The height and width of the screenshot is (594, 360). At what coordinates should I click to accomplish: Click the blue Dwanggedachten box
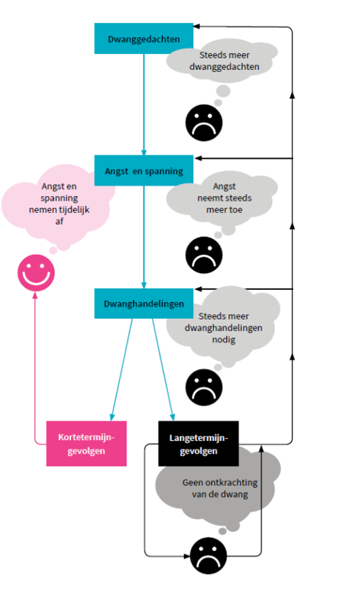click(x=144, y=39)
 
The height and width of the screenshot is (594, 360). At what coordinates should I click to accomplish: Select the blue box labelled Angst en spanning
click(x=144, y=171)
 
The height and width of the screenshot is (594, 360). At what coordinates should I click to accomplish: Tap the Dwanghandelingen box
click(x=144, y=303)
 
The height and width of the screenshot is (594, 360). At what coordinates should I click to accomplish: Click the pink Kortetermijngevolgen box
click(x=86, y=444)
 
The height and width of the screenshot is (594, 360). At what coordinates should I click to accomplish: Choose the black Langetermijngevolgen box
click(x=198, y=444)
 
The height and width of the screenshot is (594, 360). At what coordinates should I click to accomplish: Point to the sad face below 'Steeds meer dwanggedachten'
click(x=204, y=121)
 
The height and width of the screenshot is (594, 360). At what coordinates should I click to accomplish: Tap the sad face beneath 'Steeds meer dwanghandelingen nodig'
click(x=204, y=386)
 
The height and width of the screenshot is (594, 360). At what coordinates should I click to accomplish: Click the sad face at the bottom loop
click(x=208, y=555)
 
